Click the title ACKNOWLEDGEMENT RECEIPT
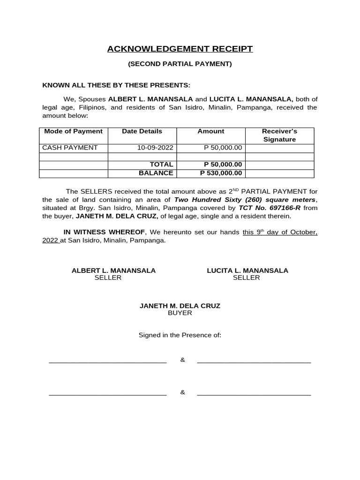(180, 49)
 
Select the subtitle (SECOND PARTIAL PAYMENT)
(180, 64)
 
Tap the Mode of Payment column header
(73, 131)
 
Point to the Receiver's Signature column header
(279, 135)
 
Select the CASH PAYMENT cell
(70, 148)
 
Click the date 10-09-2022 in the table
(155, 148)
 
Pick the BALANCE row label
(156, 173)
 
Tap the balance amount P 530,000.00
(221, 173)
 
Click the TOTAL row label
(161, 165)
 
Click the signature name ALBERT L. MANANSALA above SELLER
(113, 270)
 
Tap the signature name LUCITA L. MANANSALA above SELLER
(247, 270)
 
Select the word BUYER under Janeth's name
(180, 313)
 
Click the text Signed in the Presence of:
(180, 335)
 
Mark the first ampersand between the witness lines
(183, 360)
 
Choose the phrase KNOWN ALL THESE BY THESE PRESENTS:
(116, 85)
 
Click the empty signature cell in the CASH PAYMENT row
(279, 148)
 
